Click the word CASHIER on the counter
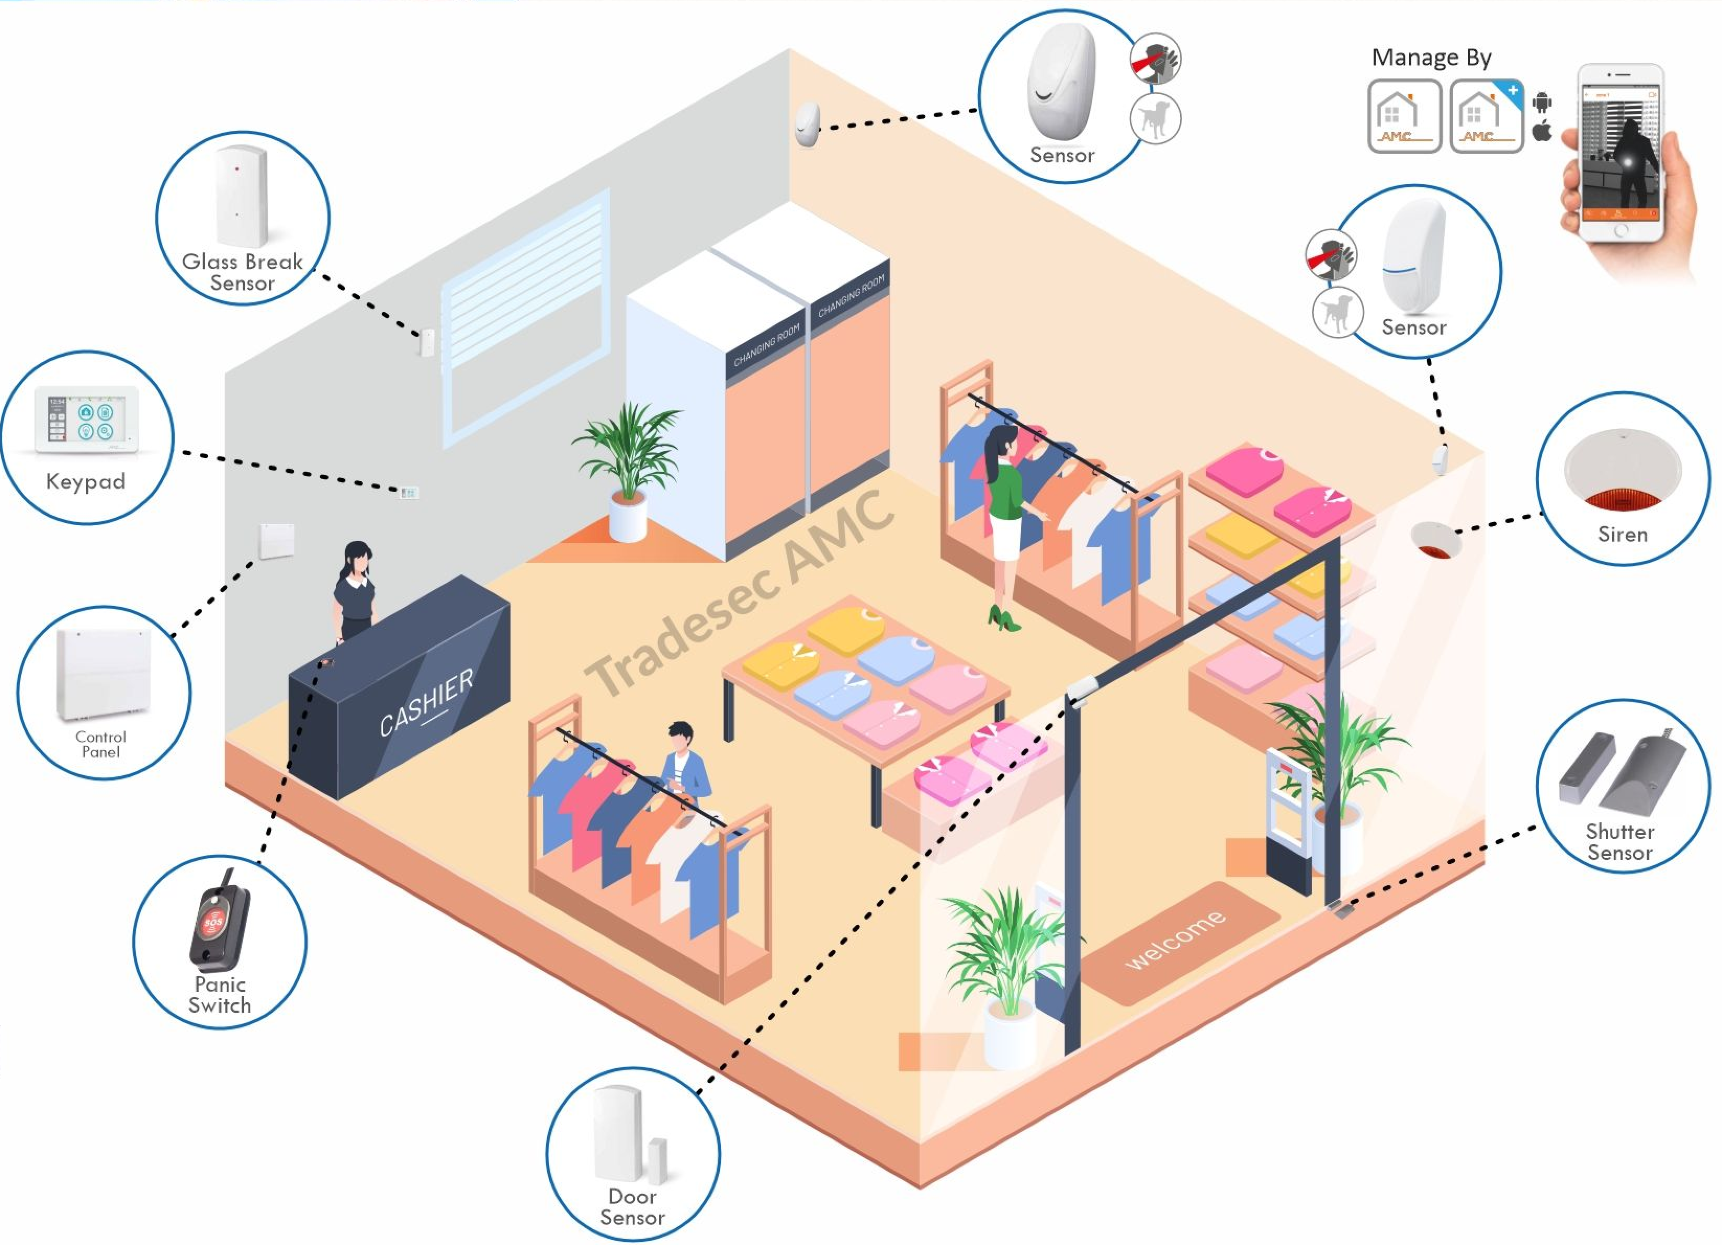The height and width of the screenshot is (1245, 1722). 425,702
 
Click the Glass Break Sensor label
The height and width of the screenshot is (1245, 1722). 242,272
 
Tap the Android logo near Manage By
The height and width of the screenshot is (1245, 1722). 1542,101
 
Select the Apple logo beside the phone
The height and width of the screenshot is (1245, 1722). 1542,131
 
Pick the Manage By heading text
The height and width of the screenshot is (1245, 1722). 1431,58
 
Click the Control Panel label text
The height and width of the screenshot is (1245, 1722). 101,744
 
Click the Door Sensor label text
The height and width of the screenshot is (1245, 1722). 632,1206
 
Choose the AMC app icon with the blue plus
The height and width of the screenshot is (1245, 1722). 1486,116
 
